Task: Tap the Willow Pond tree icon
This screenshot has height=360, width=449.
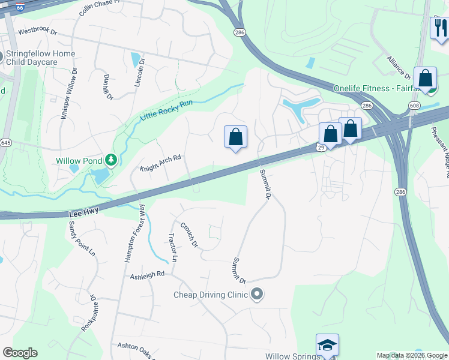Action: [x=110, y=160]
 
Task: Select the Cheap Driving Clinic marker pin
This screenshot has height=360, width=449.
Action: [x=258, y=295]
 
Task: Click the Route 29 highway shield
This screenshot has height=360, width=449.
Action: [x=321, y=147]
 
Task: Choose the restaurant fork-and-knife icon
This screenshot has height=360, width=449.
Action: [x=439, y=27]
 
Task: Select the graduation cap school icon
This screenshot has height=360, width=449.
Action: [x=327, y=345]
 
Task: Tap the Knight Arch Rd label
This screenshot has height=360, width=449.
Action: [x=160, y=163]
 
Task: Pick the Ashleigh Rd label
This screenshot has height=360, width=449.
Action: [x=148, y=275]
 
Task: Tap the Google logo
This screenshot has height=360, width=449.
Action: [x=20, y=352]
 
